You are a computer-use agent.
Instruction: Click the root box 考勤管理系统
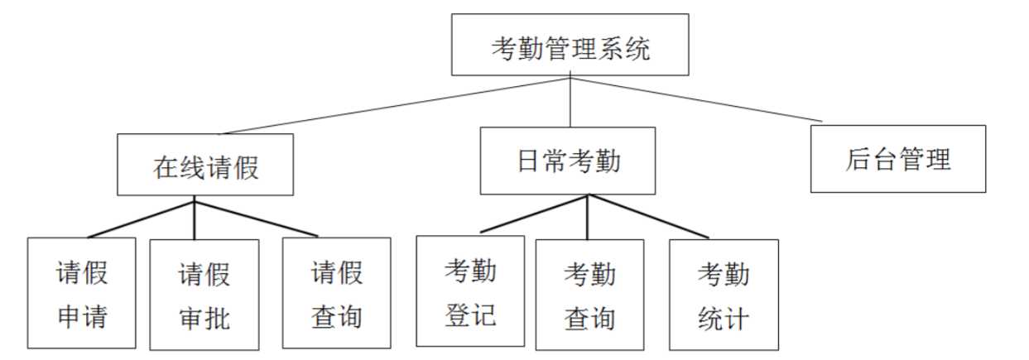(x=570, y=45)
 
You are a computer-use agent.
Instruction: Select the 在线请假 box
(x=205, y=165)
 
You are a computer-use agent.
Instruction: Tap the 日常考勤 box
(x=568, y=161)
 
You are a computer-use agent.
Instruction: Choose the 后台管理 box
(x=898, y=159)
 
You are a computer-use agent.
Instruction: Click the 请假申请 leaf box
(x=82, y=293)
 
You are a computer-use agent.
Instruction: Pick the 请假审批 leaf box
(x=204, y=295)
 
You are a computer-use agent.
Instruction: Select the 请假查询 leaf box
(x=337, y=293)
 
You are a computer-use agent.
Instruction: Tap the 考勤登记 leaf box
(x=470, y=291)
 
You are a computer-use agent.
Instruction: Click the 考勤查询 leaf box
(x=590, y=295)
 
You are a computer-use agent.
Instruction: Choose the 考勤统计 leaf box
(x=724, y=295)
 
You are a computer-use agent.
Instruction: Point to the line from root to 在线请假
(x=395, y=106)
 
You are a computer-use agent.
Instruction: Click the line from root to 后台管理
(x=696, y=99)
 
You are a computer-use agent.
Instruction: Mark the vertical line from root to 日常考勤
(x=570, y=99)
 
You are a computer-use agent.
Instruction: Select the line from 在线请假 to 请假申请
(x=141, y=219)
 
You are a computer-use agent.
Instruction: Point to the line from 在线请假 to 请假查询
(x=257, y=218)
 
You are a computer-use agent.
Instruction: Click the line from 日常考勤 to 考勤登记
(x=534, y=214)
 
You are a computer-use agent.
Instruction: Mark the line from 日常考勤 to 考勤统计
(x=649, y=216)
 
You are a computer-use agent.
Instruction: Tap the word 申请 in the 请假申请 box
(x=83, y=316)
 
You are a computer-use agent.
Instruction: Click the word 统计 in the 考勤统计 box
(x=724, y=319)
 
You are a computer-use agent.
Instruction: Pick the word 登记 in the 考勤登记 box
(x=470, y=314)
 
